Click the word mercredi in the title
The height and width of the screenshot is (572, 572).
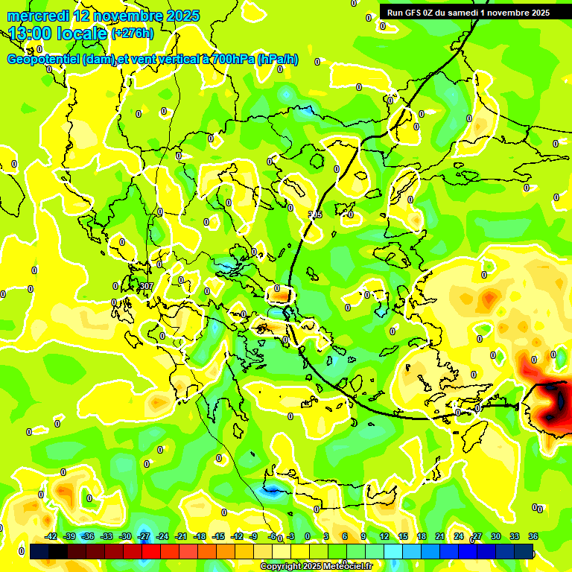pyautogui.click(x=37, y=15)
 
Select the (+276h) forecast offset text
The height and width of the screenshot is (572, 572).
pyautogui.click(x=132, y=33)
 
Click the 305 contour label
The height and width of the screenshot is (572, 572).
pyautogui.click(x=315, y=214)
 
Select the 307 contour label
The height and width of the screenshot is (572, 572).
pyautogui.click(x=146, y=286)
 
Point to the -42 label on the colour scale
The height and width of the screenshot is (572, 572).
pyautogui.click(x=51, y=536)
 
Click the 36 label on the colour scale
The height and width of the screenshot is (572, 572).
pyautogui.click(x=533, y=536)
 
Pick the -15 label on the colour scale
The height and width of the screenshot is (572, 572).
pyautogui.click(x=218, y=536)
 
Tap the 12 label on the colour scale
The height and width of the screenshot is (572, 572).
pyautogui.click(x=384, y=536)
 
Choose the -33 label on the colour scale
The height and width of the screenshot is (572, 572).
pyautogui.click(x=107, y=536)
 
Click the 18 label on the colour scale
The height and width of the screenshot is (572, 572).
pyautogui.click(x=422, y=536)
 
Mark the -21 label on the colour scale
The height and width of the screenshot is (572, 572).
pyautogui.click(x=181, y=536)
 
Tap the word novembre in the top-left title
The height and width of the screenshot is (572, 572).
pyautogui.click(x=120, y=15)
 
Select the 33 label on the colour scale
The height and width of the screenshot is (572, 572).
pyautogui.click(x=515, y=536)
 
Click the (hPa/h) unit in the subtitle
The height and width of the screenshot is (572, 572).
pyautogui.click(x=277, y=60)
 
